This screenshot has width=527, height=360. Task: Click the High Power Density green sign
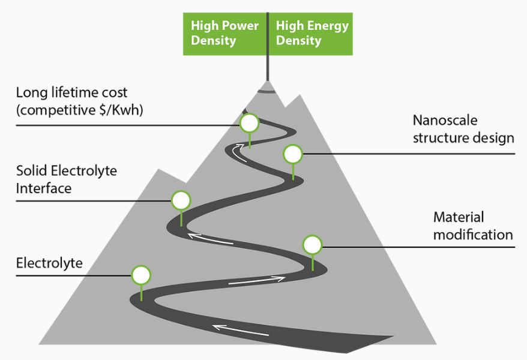pyautogui.click(x=224, y=34)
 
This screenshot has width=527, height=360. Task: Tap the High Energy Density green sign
pyautogui.click(x=311, y=34)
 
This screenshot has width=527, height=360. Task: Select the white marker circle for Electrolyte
pyautogui.click(x=141, y=275)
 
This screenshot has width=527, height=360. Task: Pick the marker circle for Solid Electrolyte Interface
pyautogui.click(x=181, y=200)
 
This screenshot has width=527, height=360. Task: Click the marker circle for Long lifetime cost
pyautogui.click(x=249, y=123)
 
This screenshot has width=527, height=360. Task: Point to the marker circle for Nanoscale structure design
pyautogui.click(x=293, y=154)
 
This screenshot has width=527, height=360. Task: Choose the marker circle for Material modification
pyautogui.click(x=313, y=245)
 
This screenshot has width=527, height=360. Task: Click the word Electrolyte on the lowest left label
pyautogui.click(x=49, y=263)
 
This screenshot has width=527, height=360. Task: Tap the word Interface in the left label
pyautogui.click(x=44, y=188)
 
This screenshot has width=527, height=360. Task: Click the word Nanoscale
pyautogui.click(x=445, y=120)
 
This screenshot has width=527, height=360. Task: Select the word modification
pyautogui.click(x=473, y=235)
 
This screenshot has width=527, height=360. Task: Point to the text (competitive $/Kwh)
pyautogui.click(x=80, y=110)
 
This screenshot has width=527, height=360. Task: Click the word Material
pyautogui.click(x=459, y=217)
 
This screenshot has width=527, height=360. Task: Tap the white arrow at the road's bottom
pyautogui.click(x=241, y=330)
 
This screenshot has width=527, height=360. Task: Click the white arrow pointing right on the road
pyautogui.click(x=257, y=280)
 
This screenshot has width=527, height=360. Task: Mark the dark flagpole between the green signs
pyautogui.click(x=268, y=47)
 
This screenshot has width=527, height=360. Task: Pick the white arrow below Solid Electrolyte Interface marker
pyautogui.click(x=211, y=239)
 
